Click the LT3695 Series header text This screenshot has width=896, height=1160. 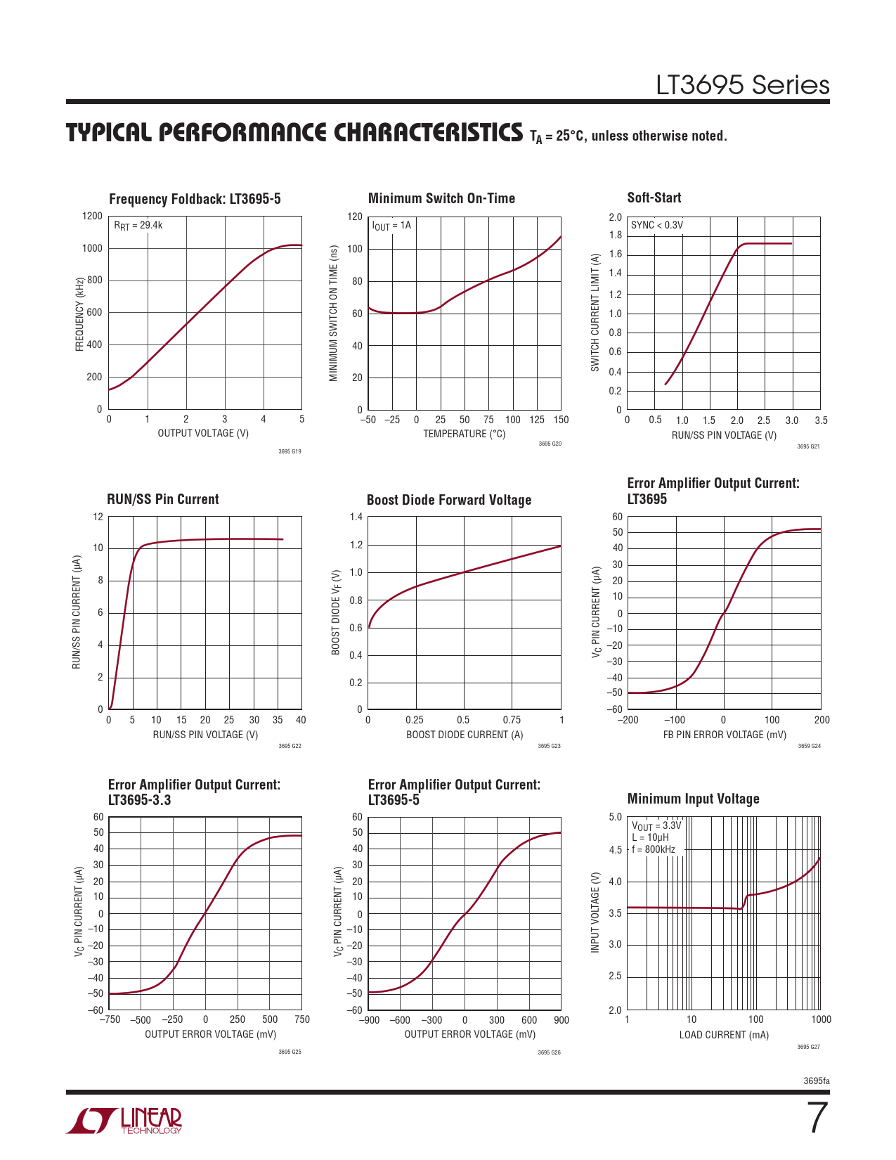742,85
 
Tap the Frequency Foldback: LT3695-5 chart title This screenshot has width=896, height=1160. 195,199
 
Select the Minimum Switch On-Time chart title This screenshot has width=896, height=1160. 441,198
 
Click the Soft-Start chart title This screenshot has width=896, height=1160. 654,198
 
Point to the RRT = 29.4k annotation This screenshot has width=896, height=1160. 138,225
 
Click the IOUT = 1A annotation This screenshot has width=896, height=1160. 391,226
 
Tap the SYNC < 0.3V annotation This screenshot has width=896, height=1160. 656,225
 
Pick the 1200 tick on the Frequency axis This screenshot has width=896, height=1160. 92,216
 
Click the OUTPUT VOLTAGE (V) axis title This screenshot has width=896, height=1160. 203,433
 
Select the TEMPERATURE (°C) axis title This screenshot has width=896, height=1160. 464,434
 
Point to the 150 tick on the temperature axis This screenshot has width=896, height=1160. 561,420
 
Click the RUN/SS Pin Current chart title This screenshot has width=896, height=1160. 162,499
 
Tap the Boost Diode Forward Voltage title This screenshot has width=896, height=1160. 448,500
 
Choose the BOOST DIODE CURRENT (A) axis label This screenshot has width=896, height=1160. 465,735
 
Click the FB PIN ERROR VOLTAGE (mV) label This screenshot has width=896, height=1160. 725,735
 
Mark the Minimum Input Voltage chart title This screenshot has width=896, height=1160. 693,799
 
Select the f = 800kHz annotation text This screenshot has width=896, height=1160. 653,849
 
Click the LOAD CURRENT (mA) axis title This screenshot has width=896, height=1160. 724,1035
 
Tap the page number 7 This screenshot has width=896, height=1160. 817,1118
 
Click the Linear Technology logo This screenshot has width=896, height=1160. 124,1121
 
